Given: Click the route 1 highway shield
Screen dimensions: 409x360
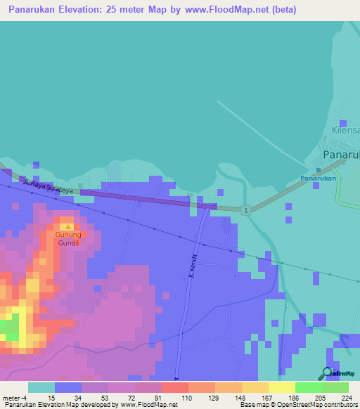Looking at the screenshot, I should click(x=245, y=210).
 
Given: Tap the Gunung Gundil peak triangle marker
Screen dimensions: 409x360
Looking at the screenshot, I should click(x=67, y=227).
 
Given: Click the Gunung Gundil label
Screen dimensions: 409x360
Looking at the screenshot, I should click(x=69, y=238).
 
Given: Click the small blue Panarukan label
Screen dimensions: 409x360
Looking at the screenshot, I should click(x=320, y=178).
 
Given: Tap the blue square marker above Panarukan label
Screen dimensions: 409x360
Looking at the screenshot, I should click(x=319, y=169).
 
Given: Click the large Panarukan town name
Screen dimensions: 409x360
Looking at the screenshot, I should click(x=340, y=155).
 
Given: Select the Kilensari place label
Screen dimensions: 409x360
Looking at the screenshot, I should click(x=345, y=131).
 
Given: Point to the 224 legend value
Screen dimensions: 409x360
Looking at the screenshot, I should click(x=346, y=398).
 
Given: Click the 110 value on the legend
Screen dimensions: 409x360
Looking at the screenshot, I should click(x=188, y=398).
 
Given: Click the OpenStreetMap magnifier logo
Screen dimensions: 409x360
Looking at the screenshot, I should click(x=328, y=373).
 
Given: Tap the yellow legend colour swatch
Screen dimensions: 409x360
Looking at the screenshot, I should click(x=281, y=387).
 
